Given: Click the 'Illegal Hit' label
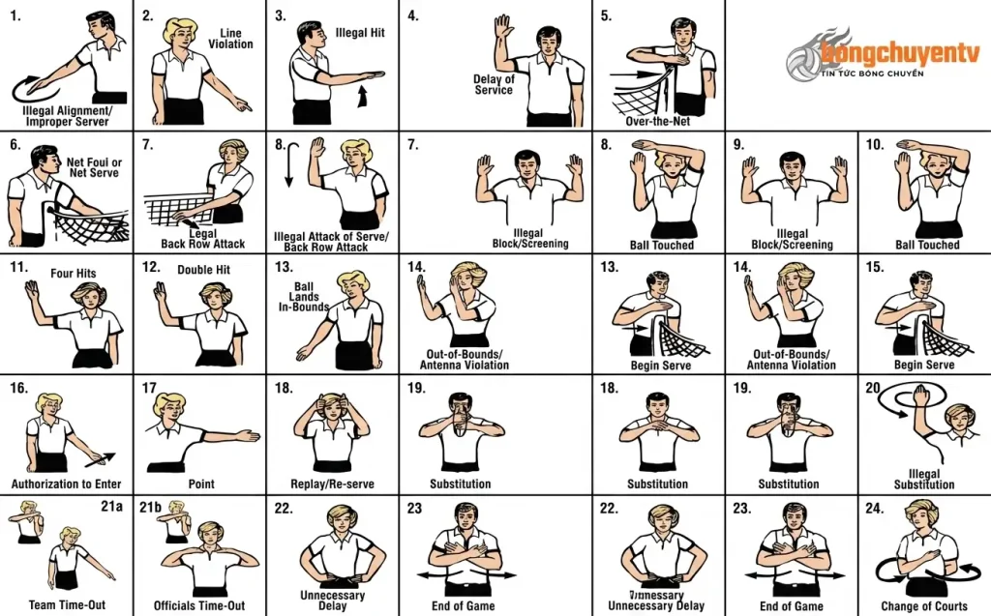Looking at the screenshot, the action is pos(360,33).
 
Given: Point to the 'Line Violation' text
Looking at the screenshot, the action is pos(230,39).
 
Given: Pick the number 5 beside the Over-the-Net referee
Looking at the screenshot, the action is pos(606,15).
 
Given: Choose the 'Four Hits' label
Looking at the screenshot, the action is pos(74,274).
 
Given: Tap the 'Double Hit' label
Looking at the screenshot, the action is pos(203,270).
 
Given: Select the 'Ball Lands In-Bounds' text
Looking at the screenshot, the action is pos(303,297).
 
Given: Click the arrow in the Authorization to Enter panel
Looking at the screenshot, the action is pos(101,459).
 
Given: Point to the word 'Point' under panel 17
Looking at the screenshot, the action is pos(201,484).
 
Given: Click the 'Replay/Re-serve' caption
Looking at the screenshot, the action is pos(333,484).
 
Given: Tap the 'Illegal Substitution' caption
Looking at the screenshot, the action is pos(924,480).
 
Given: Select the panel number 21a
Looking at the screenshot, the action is pos(112,506).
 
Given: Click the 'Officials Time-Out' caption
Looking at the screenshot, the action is pos(199,605).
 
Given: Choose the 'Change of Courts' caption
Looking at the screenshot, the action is pos(924,606).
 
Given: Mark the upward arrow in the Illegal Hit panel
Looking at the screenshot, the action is pos(362,96).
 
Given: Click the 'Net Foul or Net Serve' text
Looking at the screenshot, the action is pos(94,167).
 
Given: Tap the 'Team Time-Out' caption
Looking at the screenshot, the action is pos(67,604).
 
